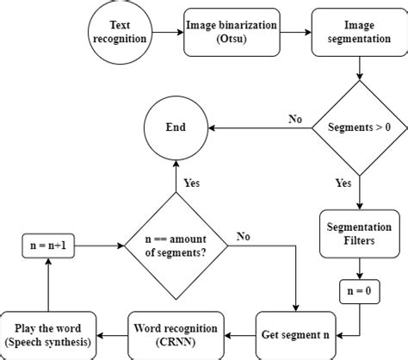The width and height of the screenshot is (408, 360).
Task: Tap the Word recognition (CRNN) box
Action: (178, 333)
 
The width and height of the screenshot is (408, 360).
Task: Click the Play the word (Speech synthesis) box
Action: (49, 333)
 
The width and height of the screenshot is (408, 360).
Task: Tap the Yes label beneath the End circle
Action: (192, 183)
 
